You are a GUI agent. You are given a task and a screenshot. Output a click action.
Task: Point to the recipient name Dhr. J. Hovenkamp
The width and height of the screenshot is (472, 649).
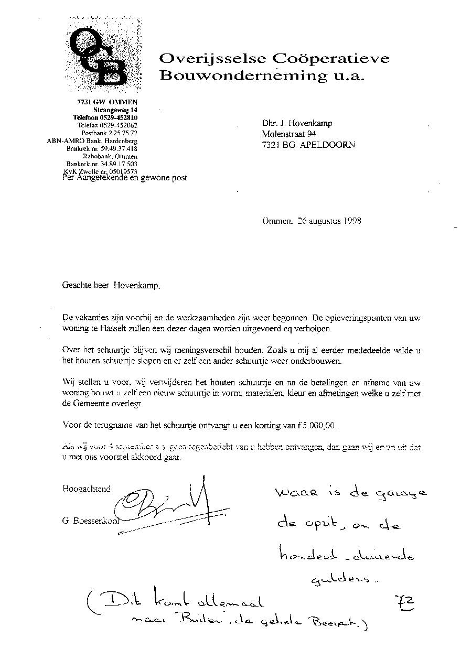coord(297,124)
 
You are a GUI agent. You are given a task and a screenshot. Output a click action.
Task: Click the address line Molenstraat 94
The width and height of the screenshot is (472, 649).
coord(291,134)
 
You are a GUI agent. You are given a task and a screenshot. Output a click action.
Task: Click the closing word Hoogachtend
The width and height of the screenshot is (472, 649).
coord(87,489)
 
